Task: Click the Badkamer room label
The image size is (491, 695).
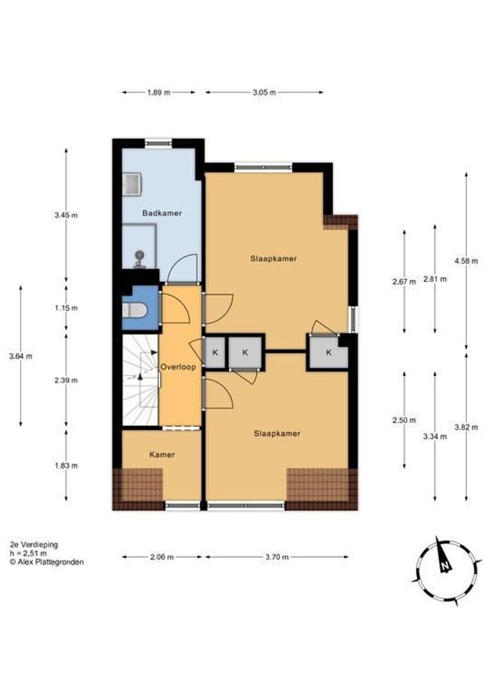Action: point(162,213)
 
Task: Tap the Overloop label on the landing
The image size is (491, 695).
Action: point(178,367)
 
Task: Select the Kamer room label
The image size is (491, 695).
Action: point(162,455)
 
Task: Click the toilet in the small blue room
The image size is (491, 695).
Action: point(134,311)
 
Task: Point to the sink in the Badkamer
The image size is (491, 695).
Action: point(132,185)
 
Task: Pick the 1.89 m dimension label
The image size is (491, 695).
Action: point(158,93)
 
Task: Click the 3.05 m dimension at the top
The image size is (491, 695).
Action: point(264,93)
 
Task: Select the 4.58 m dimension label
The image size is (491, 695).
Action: point(466,261)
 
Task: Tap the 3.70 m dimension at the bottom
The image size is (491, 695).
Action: point(277,557)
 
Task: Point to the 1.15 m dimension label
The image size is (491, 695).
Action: point(66,308)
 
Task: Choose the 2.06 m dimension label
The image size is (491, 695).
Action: point(161,557)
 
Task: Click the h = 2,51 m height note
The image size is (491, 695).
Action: point(28,553)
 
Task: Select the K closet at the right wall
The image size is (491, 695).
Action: point(328,353)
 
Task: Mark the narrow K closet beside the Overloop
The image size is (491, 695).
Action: point(215,353)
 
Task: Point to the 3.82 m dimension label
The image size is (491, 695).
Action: point(466,428)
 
